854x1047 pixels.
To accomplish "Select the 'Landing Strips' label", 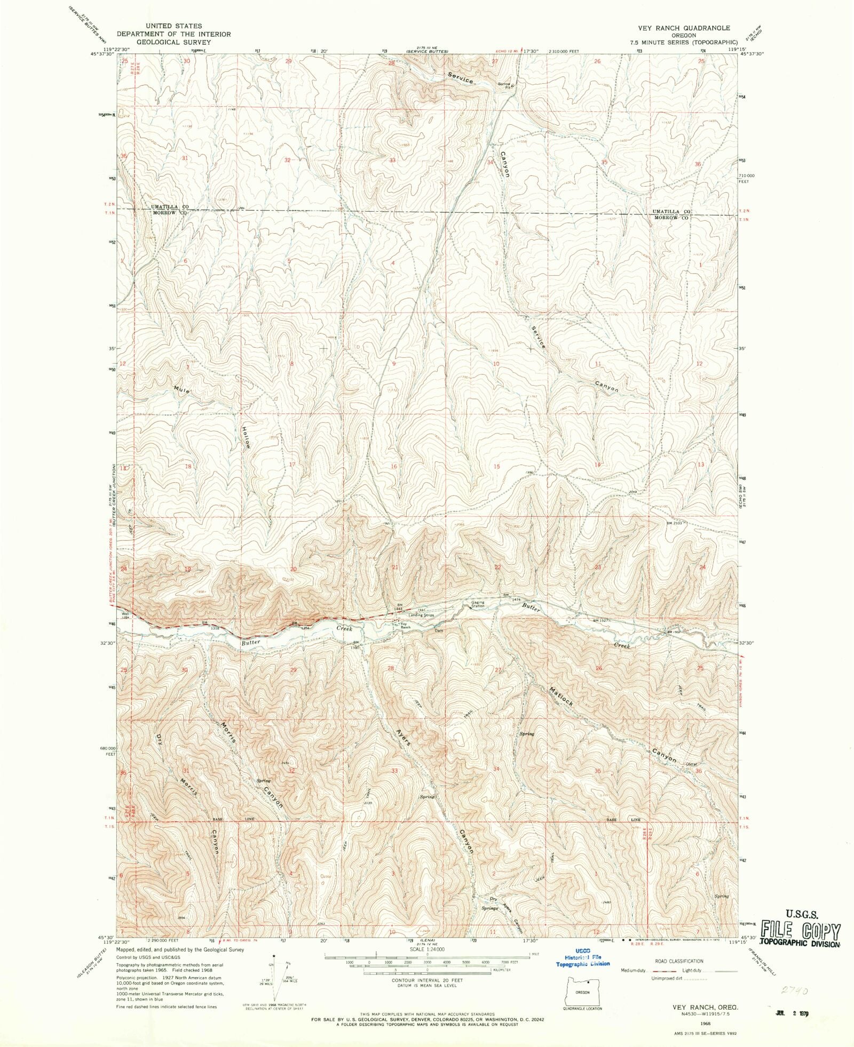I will pyautogui.click(x=422, y=615).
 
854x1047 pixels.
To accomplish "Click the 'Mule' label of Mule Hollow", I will pyautogui.click(x=182, y=390).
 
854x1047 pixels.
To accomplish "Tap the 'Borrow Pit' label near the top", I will pyautogui.click(x=504, y=84).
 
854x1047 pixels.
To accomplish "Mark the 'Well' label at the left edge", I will pyautogui.click(x=125, y=614).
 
